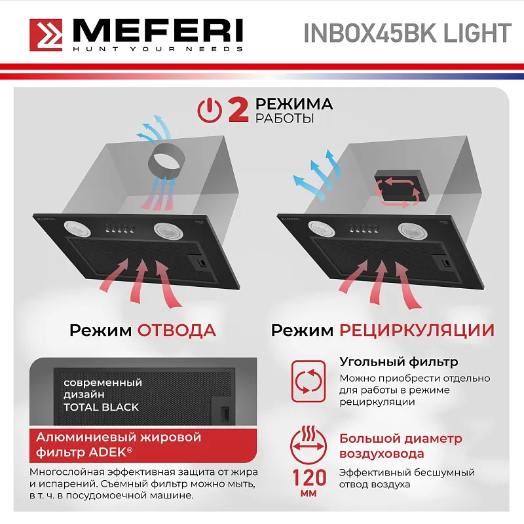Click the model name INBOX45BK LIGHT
point(407,33)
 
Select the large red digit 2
point(237,110)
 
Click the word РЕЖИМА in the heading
point(294,103)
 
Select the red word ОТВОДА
point(176,329)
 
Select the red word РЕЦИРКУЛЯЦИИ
point(417,329)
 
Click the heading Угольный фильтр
point(398,362)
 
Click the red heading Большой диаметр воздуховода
point(400,446)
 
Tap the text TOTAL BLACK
point(101,407)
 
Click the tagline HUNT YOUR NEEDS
point(157,49)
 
